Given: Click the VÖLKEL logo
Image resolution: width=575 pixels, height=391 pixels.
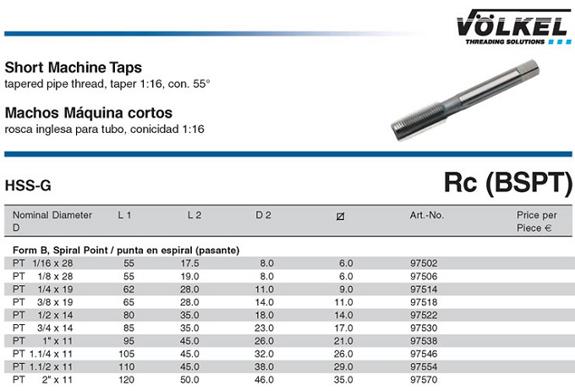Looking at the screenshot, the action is pos(513,27).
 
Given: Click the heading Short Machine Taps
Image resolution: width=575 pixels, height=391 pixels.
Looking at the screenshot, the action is pos(74,68).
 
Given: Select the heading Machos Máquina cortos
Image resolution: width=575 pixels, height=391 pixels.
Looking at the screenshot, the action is pos(89,113).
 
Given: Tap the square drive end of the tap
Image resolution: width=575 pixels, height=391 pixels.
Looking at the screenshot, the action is pos(528,69).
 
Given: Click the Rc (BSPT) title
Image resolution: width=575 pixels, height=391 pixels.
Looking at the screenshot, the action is pos(508,183).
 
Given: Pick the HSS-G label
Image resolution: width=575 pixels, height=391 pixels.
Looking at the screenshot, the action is pos(28,186).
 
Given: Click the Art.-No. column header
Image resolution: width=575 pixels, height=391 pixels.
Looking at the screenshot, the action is pos(427,215).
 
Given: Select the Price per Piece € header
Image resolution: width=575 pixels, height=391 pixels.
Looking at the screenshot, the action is pos(536,222).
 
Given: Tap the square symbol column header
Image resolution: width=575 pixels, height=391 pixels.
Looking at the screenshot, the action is pos(340,217).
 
